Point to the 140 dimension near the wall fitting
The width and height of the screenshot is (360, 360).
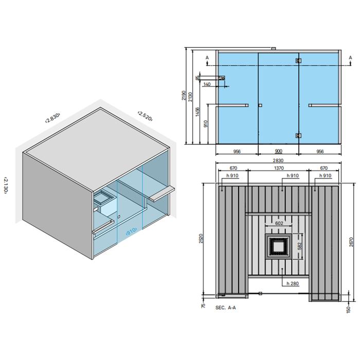[207, 84]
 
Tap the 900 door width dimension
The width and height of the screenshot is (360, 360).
[278, 152]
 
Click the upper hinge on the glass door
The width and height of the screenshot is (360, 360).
[298, 61]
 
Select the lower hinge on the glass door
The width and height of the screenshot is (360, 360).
[298, 135]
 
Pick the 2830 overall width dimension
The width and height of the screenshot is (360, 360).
[278, 160]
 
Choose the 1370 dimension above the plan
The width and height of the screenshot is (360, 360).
[278, 168]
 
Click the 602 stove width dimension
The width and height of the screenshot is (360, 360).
[278, 223]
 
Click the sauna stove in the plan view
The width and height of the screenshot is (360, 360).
[278, 246]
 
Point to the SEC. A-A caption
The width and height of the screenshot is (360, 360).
[226, 307]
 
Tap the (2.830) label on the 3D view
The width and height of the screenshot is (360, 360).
[52, 118]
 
